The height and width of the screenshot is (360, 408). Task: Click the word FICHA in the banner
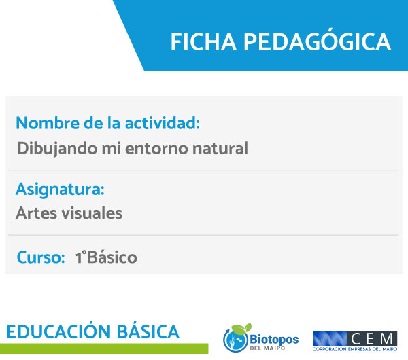click(x=203, y=41)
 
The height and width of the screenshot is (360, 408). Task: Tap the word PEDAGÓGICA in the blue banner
click(x=317, y=40)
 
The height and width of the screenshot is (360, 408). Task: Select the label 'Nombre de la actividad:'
click(x=107, y=123)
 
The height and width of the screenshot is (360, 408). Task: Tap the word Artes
click(x=36, y=213)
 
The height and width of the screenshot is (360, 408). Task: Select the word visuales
click(x=92, y=213)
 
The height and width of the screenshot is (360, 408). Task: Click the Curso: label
click(x=41, y=257)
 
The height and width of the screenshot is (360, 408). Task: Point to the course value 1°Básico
click(x=106, y=257)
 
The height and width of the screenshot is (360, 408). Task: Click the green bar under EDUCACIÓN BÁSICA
click(x=104, y=348)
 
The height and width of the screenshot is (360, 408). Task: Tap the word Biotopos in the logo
click(x=274, y=339)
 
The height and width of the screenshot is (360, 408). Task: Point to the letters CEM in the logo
click(x=371, y=339)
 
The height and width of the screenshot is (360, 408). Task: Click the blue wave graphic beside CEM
click(x=330, y=339)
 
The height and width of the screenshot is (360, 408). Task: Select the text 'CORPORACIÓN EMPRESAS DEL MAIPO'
click(x=355, y=349)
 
